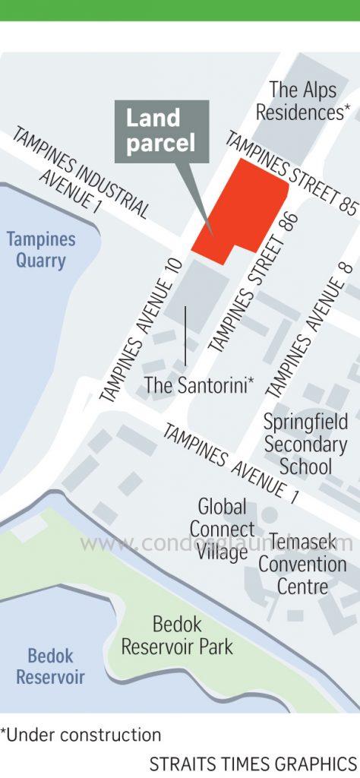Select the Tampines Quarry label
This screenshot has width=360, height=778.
[x=41, y=250]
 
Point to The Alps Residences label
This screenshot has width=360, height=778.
[x=302, y=100]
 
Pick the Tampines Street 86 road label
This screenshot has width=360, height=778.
[x=251, y=280]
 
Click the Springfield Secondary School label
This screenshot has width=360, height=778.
[x=305, y=444]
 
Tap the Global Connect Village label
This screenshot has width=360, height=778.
[x=222, y=529]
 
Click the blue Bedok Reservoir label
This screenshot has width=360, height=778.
[x=50, y=666]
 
